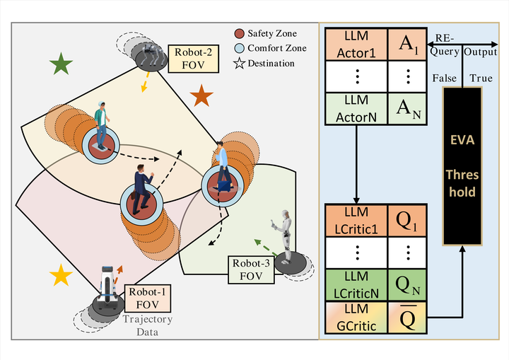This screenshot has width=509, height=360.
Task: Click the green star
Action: coord(62,64)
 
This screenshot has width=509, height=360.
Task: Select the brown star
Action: coord(201,95)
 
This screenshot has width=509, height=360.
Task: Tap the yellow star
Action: coord(60,275)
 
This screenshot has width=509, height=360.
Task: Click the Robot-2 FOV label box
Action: coord(188,59)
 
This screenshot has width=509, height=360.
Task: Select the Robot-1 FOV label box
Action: coord(148,298)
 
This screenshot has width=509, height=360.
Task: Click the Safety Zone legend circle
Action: coord(240,33)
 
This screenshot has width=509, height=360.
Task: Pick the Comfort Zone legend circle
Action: coord(240,48)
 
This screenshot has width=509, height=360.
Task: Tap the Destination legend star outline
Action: coord(240,64)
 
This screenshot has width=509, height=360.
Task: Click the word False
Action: coord(443,78)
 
